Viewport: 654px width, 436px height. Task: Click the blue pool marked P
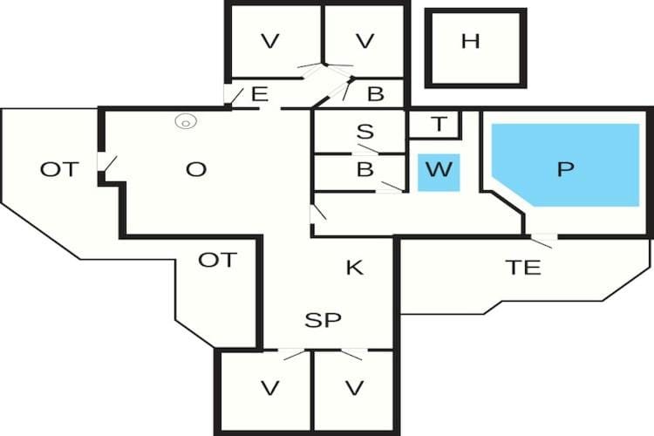[x=566, y=165]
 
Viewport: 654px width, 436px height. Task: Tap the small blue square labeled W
[x=439, y=173]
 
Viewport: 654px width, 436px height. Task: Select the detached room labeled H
[x=475, y=48]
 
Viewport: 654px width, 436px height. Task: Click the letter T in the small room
[x=439, y=124]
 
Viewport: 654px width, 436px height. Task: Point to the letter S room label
[x=365, y=132]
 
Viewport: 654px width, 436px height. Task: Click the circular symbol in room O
[x=186, y=122]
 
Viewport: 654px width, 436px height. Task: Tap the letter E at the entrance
[x=260, y=94]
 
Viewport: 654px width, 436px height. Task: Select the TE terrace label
[x=523, y=268]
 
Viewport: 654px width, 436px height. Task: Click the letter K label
[x=355, y=268]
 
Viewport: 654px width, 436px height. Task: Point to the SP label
[x=323, y=320]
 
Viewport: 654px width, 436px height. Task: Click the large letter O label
[x=196, y=169]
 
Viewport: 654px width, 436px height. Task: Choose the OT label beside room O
[x=59, y=169]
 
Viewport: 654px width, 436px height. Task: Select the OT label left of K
[x=218, y=260]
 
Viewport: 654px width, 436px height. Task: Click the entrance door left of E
[x=234, y=95]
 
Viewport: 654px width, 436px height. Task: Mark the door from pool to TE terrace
[x=542, y=241]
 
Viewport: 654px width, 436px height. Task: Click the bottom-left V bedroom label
[x=269, y=388]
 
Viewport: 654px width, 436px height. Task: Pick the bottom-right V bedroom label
[x=355, y=388]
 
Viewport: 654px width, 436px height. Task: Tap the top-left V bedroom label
[x=269, y=41]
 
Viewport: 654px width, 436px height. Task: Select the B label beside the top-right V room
[x=375, y=94]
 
